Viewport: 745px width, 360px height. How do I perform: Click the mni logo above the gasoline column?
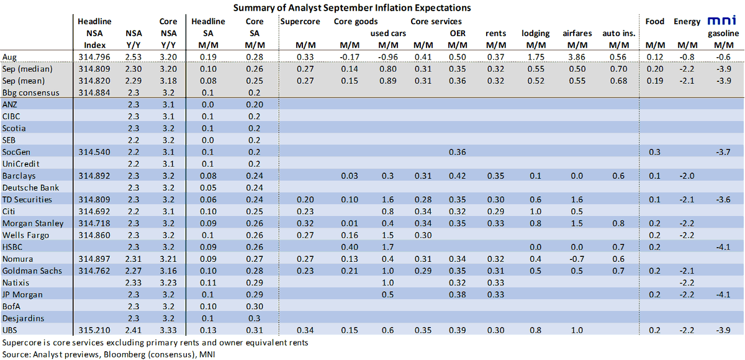click(723, 20)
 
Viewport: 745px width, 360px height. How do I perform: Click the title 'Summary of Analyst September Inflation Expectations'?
click(352, 7)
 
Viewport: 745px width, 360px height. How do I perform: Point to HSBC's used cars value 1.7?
click(388, 247)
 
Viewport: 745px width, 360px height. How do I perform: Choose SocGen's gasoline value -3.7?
click(723, 151)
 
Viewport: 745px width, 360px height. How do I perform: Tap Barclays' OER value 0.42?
click(457, 176)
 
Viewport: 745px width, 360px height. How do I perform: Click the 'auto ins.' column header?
click(618, 33)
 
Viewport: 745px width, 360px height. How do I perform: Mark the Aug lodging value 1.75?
click(535, 56)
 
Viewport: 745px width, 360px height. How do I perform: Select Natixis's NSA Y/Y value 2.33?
click(134, 282)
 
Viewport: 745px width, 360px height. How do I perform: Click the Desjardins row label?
click(22, 318)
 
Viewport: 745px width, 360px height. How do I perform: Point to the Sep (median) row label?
click(27, 69)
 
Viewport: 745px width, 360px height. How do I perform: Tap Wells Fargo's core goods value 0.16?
click(350, 235)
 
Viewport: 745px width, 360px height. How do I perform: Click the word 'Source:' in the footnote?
click(16, 354)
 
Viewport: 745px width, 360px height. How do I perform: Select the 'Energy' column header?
click(687, 21)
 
